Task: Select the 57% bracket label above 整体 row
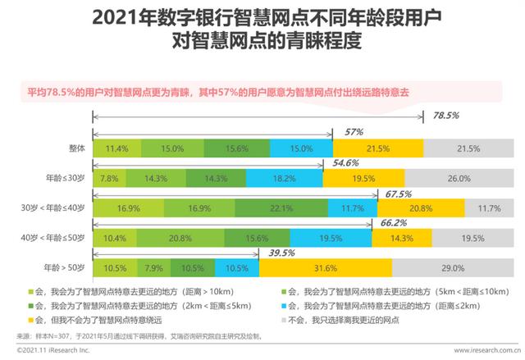pyautogui.click(x=354, y=132)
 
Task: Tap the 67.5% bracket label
pyautogui.click(x=398, y=194)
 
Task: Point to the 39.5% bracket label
pyautogui.click(x=281, y=253)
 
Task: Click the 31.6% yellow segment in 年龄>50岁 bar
pyautogui.click(x=326, y=268)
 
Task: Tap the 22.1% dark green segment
pyautogui.click(x=282, y=208)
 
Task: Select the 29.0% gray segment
pyautogui.click(x=459, y=268)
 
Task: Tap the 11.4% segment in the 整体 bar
pyautogui.click(x=116, y=148)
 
